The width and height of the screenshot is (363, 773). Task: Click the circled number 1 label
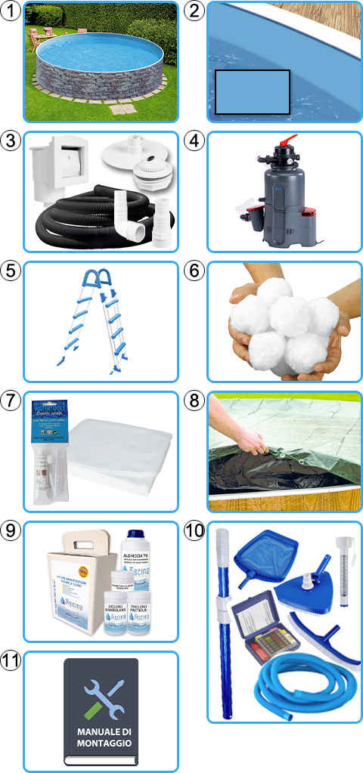click(12, 11)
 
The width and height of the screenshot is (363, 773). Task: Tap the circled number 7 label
click(12, 400)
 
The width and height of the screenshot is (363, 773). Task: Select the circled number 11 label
click(12, 661)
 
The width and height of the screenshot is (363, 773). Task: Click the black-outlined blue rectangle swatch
click(253, 92)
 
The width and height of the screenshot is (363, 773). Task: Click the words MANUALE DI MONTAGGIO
click(103, 736)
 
